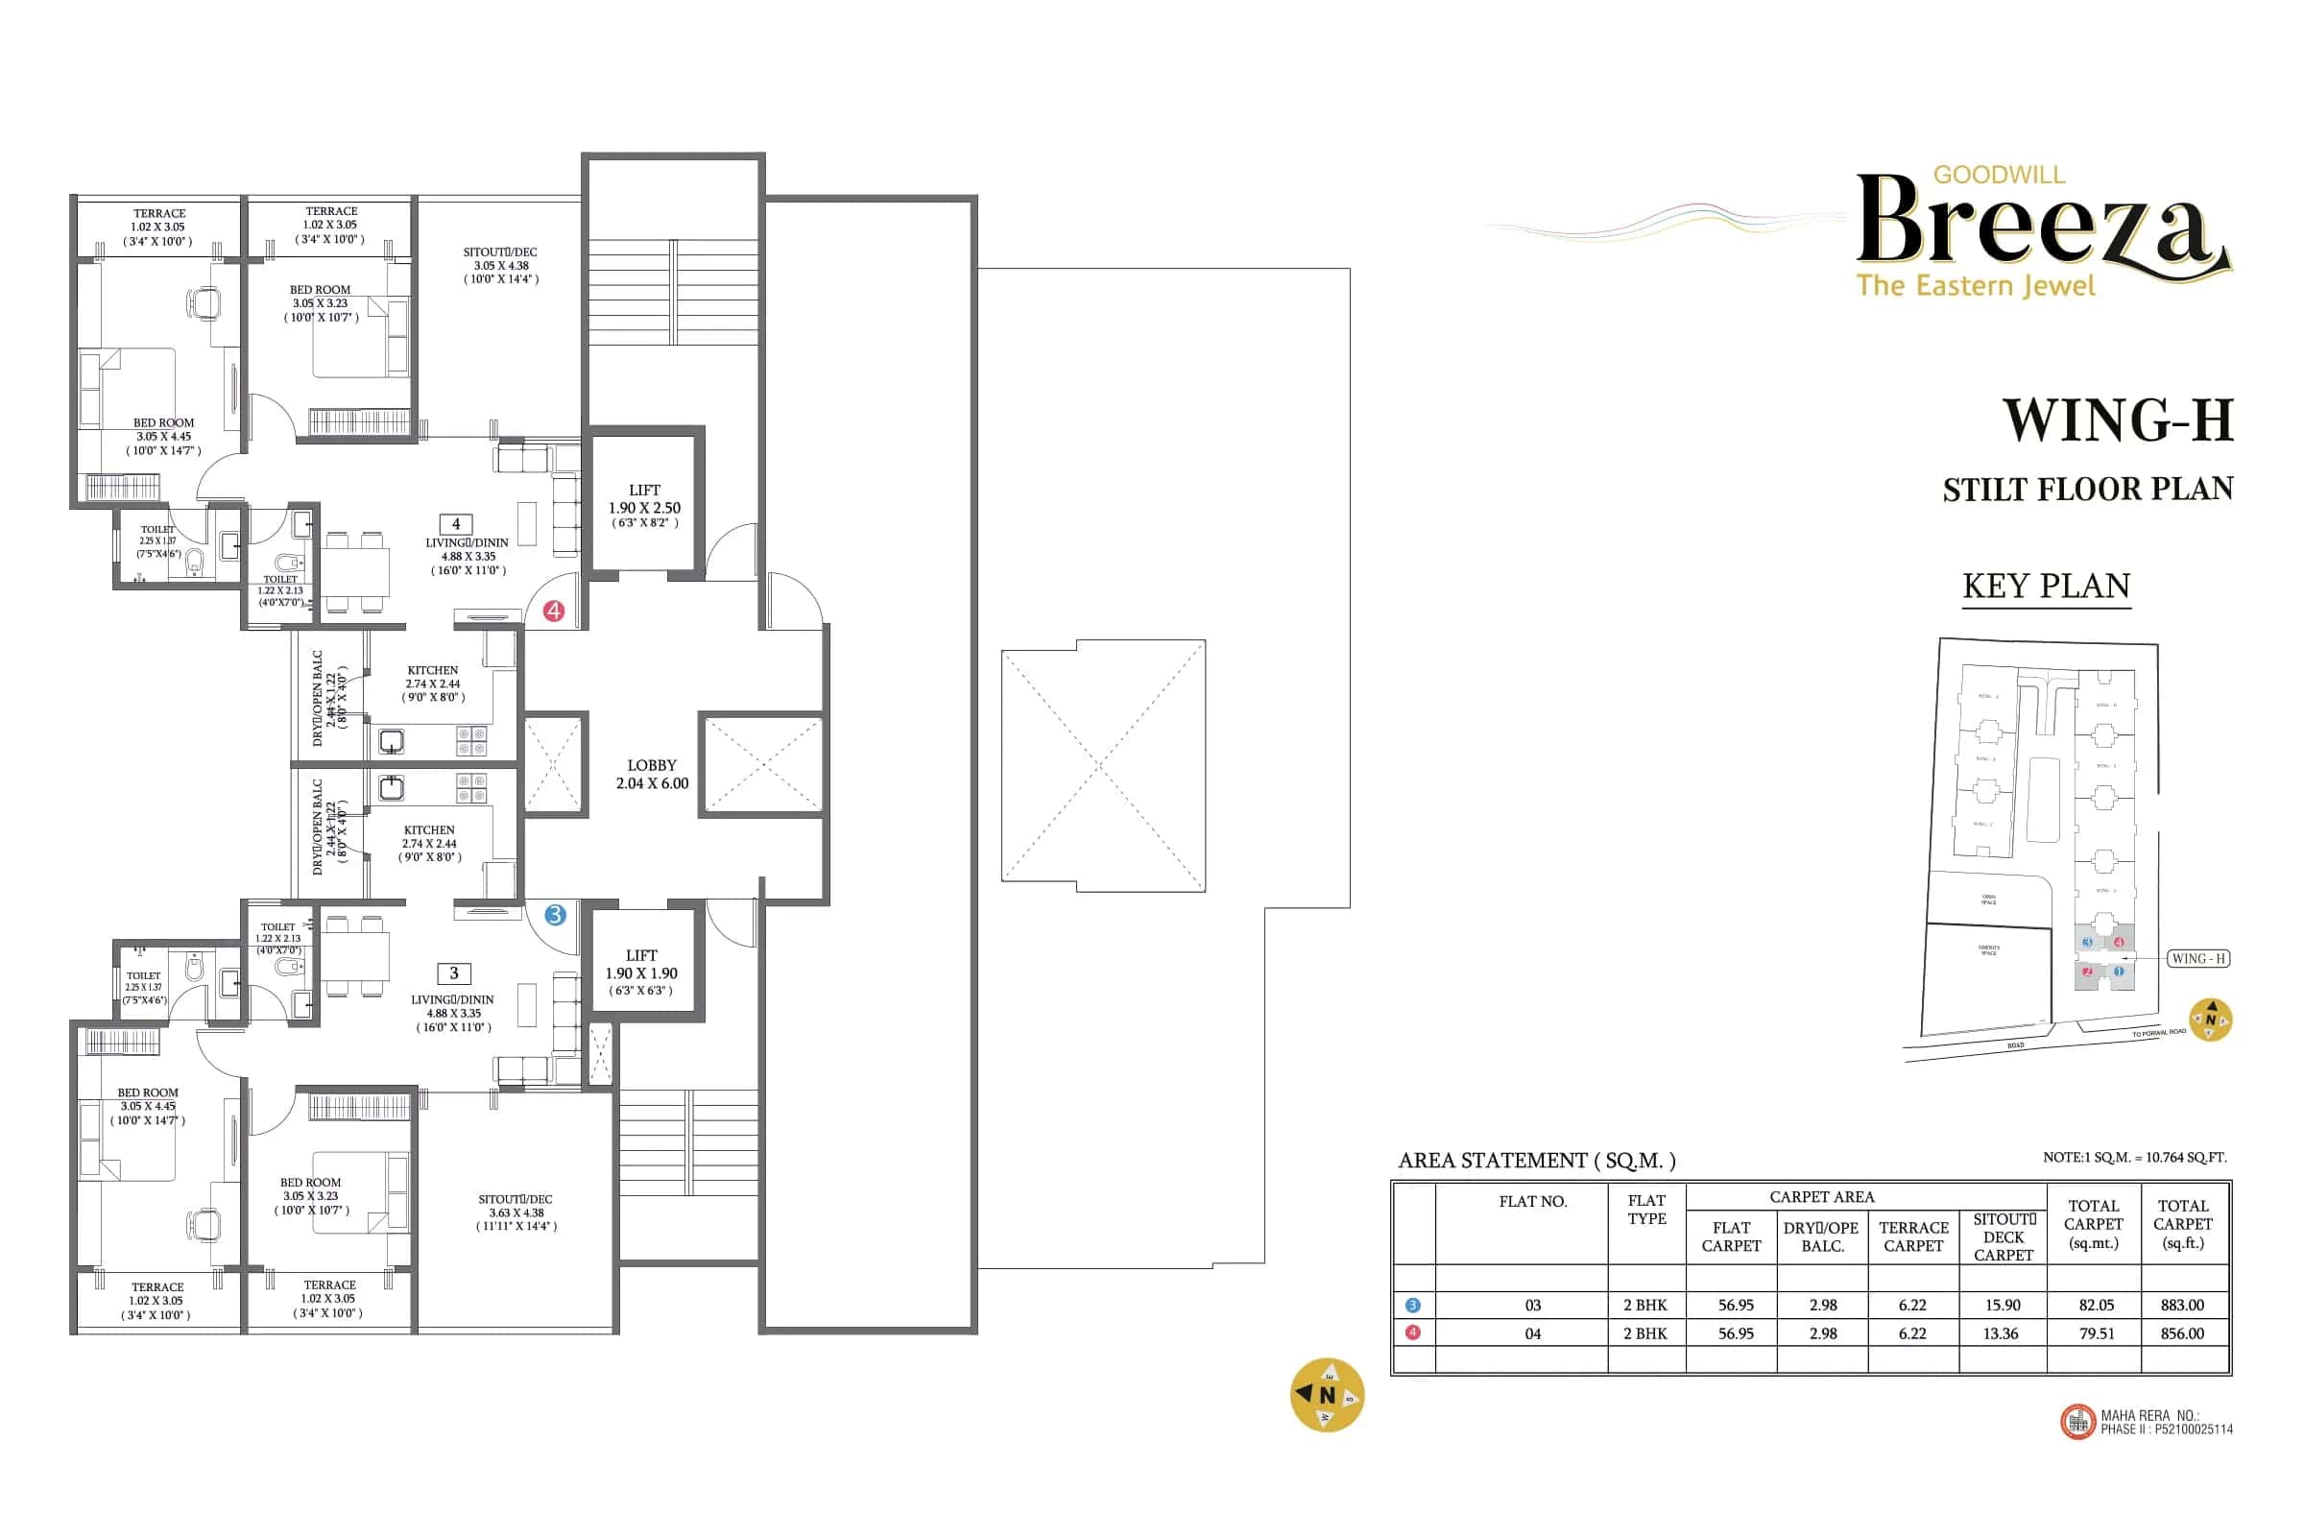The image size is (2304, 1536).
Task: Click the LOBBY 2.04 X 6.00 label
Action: [652, 774]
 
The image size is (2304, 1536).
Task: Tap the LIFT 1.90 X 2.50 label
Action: [643, 506]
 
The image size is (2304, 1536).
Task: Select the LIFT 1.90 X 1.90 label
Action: [640, 972]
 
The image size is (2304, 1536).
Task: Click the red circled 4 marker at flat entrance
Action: [554, 612]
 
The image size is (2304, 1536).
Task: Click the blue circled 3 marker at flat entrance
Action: [556, 915]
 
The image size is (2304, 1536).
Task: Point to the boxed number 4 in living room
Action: [455, 524]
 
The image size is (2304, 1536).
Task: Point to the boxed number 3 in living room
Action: [453, 972]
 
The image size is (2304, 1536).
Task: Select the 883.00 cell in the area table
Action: [2181, 1305]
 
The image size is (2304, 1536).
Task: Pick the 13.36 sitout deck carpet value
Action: [2001, 1333]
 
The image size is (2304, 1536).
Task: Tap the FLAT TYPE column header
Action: [1645, 1209]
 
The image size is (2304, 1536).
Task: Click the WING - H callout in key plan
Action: [2198, 958]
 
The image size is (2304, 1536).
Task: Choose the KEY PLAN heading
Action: [2046, 586]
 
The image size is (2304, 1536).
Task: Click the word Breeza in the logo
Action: [2037, 222]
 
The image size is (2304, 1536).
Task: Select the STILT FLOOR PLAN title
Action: [2087, 489]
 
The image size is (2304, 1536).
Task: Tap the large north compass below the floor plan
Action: [1327, 1394]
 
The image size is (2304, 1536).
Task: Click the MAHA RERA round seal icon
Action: [2076, 1423]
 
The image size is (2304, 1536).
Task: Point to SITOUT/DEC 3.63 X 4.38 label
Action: [516, 1212]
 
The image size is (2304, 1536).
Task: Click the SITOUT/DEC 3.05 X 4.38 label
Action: [500, 266]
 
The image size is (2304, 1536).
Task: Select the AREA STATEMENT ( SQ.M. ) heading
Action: [1536, 1161]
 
